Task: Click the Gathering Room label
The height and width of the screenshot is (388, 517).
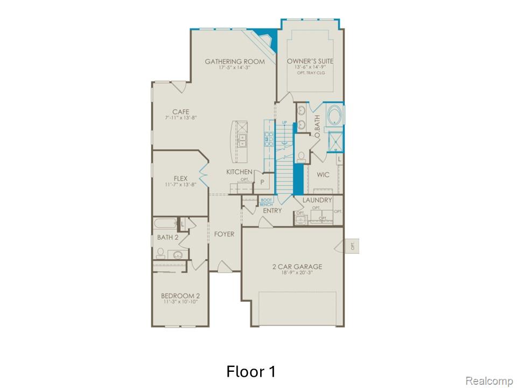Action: (x=235, y=61)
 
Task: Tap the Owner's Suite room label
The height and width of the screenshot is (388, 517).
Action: (x=310, y=61)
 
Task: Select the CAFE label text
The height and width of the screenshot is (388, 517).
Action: (x=180, y=112)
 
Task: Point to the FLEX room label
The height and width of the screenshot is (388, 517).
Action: (x=180, y=178)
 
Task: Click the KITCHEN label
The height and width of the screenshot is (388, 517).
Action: (x=239, y=172)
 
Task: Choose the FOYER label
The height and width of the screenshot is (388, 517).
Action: (x=224, y=234)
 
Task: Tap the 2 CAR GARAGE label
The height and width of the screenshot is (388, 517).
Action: (x=297, y=266)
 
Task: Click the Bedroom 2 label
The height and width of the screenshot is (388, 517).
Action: (x=180, y=296)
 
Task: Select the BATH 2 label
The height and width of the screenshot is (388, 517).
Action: (x=167, y=237)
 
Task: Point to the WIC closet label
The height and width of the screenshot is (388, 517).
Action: (x=323, y=175)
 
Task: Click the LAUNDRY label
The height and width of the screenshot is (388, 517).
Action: (x=317, y=200)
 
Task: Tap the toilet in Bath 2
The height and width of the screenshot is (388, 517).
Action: (x=160, y=253)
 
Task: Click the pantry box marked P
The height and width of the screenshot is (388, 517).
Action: (x=262, y=182)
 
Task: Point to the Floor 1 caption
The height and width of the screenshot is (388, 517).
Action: (x=251, y=371)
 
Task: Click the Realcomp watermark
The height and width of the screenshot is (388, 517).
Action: (x=488, y=381)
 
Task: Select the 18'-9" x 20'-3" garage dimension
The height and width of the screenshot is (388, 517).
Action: (x=297, y=273)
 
